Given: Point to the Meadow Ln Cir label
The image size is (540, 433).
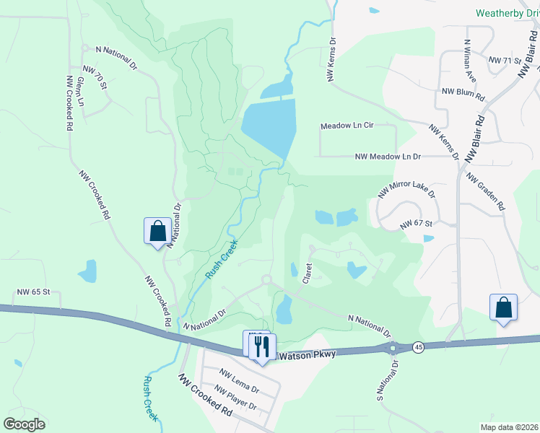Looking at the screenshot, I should tap(347, 126).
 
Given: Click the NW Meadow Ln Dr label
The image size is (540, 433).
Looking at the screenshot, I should tap(388, 156).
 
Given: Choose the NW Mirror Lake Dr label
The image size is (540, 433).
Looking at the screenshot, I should tap(407, 184).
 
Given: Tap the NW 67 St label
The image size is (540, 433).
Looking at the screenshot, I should tap(416, 224).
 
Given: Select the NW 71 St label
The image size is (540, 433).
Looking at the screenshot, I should tap(505, 60).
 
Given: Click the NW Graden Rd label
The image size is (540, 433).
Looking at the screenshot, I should tap(485, 191).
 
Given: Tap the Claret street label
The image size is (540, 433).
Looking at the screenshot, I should tap(307, 273).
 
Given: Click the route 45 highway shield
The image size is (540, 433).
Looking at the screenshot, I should tap(418, 348).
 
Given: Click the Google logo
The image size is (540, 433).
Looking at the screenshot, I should tap(24, 424).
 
